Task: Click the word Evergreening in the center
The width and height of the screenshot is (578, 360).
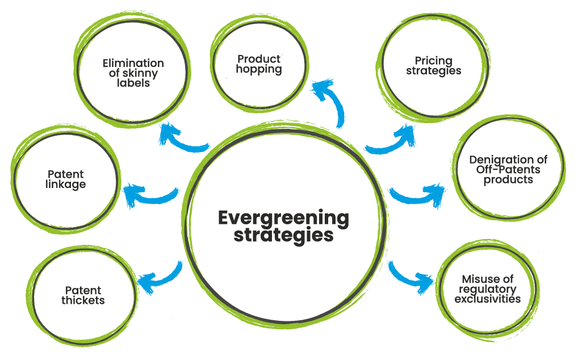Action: (x=283, y=218)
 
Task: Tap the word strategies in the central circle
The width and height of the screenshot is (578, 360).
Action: (x=283, y=235)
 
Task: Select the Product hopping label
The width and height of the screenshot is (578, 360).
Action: (x=259, y=64)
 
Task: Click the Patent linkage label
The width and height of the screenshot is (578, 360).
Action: (x=65, y=179)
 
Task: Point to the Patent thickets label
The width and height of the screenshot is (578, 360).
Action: (x=83, y=296)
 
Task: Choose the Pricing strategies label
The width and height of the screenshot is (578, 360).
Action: (x=433, y=66)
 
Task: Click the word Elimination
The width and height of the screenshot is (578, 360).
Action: (x=133, y=64)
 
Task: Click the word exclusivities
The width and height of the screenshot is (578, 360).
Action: (x=487, y=299)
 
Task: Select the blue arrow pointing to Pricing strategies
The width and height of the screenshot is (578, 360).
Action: (x=392, y=139)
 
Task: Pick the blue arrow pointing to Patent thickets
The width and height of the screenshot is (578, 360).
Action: (x=159, y=278)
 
